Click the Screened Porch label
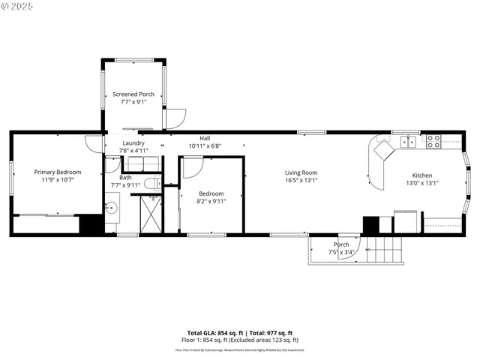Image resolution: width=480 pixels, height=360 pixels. pyautogui.click(x=133, y=94)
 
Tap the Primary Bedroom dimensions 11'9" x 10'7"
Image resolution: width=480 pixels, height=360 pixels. pyautogui.click(x=58, y=180)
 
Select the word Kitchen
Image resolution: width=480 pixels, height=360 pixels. pyautogui.click(x=421, y=175)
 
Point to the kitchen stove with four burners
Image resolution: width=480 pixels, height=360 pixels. pyautogui.click(x=433, y=140)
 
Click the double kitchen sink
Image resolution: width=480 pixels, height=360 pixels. pyautogui.click(x=409, y=140)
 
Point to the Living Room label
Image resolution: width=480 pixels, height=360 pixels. pyautogui.click(x=301, y=172)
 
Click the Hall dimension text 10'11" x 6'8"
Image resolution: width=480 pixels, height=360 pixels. pyautogui.click(x=205, y=145)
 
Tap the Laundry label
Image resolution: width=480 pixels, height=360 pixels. pyautogui.click(x=133, y=142)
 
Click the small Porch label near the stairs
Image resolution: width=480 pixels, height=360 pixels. pyautogui.click(x=341, y=244)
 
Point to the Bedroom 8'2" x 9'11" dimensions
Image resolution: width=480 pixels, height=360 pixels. pyautogui.click(x=211, y=201)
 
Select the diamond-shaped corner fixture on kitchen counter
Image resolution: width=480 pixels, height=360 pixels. pyautogui.click(x=383, y=153)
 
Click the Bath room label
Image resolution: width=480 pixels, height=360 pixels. pyautogui.click(x=125, y=178)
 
